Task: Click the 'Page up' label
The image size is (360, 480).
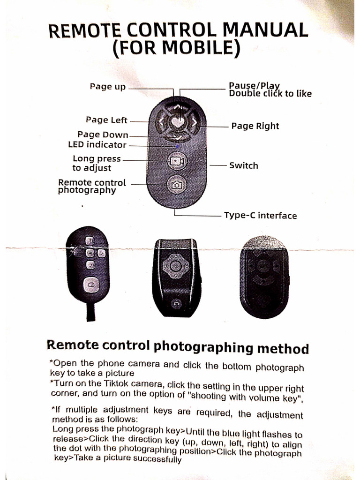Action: [x=107, y=87]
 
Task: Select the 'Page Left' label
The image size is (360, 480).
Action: [x=106, y=120]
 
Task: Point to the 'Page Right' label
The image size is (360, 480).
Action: [x=255, y=126]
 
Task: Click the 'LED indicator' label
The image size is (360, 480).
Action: [x=97, y=145]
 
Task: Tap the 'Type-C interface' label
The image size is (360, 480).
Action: [x=260, y=216]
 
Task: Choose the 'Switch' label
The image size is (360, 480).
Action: [x=243, y=165]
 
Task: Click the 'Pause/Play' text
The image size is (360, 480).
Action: [x=254, y=85]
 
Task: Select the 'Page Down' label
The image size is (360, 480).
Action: [x=103, y=135]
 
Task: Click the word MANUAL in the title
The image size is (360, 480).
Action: [x=265, y=31]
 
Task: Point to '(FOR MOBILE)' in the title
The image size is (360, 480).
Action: [x=177, y=49]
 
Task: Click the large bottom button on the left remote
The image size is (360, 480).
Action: [x=91, y=285]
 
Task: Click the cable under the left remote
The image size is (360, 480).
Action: [x=90, y=311]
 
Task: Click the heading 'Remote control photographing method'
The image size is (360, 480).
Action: [x=177, y=347]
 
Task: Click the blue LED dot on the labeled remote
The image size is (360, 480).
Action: [x=176, y=146]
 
